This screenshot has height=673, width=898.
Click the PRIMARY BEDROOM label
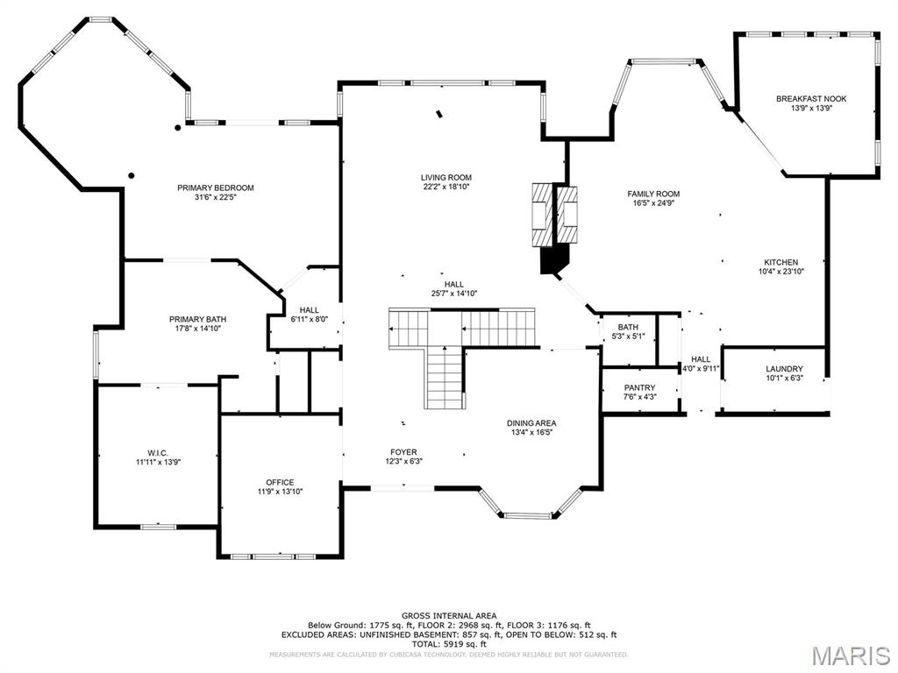click(x=215, y=188)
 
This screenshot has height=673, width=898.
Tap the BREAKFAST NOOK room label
click(x=810, y=99)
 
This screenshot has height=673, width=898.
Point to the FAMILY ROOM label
click(x=653, y=194)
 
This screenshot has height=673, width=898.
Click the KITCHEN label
click(x=780, y=262)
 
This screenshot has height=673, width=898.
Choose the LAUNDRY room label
click(x=784, y=369)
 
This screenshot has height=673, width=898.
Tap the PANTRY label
click(x=639, y=387)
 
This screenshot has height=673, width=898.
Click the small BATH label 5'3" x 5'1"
click(x=627, y=327)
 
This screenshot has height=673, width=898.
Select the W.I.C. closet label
click(x=151, y=452)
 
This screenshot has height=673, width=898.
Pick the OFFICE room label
click(x=280, y=482)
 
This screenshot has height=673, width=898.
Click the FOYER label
click(x=403, y=452)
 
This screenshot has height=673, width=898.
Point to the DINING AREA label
click(x=531, y=423)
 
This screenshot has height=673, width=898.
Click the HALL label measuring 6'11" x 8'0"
click(x=309, y=309)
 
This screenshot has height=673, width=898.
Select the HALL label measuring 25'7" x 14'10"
click(x=453, y=284)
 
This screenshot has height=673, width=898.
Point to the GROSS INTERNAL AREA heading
click(x=448, y=616)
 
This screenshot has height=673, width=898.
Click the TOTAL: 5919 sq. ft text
click(x=448, y=643)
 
